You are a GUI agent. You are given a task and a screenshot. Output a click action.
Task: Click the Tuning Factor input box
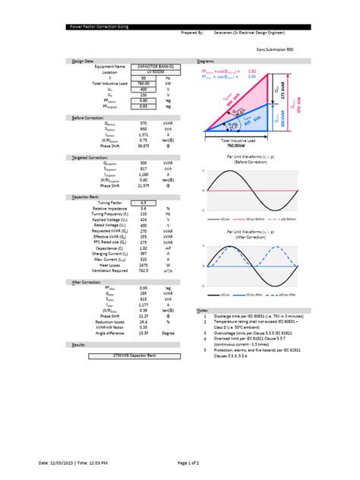pyautogui.click(x=144, y=203)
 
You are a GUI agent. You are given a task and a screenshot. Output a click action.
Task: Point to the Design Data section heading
pyautogui.click(x=84, y=60)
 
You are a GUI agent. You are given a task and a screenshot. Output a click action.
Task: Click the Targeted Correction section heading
pyautogui.click(x=90, y=157)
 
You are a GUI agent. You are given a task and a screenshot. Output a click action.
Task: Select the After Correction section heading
pyautogui.click(x=87, y=282)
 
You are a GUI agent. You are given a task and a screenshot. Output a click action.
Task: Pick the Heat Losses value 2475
pyautogui.click(x=144, y=264)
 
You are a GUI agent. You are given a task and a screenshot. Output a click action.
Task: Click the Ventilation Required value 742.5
pyautogui.click(x=144, y=270)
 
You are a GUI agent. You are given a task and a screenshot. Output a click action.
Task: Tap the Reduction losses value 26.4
pyautogui.click(x=144, y=321)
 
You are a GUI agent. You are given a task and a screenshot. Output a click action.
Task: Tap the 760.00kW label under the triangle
pyautogui.click(x=238, y=145)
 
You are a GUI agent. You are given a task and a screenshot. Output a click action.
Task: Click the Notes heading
pyautogui.click(x=202, y=311)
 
